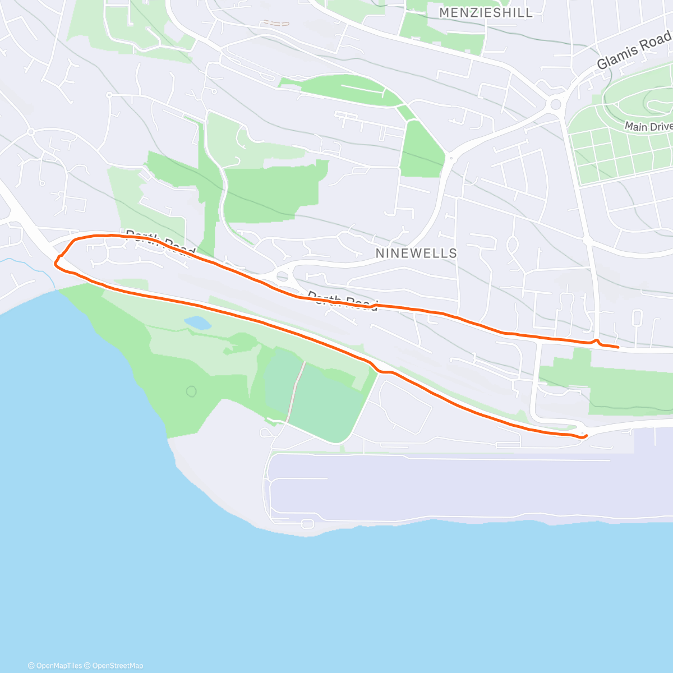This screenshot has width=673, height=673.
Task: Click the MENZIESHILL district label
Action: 486,12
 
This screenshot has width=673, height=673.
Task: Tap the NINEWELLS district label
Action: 416,253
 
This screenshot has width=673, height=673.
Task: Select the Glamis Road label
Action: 633,51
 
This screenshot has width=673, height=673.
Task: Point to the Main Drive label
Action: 648,126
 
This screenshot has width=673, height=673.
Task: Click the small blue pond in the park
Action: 197,323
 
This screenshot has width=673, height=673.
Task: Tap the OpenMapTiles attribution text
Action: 55,666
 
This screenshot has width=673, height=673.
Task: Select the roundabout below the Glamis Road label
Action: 556,104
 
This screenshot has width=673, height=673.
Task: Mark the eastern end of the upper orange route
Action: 617,347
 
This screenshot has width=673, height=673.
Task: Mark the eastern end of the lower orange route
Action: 586,435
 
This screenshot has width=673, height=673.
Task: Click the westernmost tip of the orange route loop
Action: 55,262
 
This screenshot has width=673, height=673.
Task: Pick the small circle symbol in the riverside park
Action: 192,391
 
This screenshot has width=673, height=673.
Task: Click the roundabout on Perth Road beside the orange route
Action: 282,276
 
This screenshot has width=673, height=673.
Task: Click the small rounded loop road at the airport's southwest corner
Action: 307,524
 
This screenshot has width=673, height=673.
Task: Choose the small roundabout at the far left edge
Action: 31,132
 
